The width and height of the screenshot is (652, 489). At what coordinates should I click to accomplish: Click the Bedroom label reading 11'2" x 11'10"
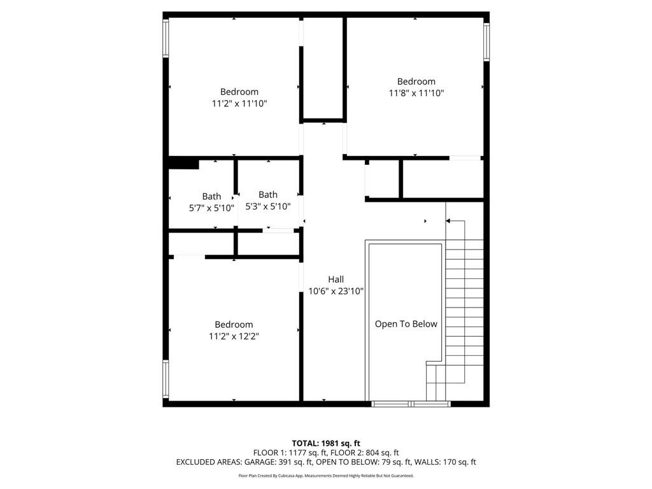(239, 97)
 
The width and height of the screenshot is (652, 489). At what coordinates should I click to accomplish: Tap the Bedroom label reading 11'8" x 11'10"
(416, 87)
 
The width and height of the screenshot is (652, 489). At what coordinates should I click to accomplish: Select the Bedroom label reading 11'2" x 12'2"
(234, 330)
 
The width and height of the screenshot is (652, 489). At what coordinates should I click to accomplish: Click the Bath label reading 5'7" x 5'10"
(211, 202)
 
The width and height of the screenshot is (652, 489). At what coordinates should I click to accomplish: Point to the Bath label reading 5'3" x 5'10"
(268, 201)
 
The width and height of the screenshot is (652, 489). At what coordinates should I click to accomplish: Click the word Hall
(336, 279)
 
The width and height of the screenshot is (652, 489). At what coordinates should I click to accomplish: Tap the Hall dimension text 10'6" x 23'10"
(336, 291)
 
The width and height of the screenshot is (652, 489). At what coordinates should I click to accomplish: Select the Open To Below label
(406, 323)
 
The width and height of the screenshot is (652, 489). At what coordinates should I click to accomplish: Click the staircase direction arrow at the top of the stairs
(448, 221)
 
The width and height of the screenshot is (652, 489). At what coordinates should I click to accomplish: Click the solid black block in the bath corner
(183, 164)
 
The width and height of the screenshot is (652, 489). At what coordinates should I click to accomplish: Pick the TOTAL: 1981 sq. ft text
(326, 443)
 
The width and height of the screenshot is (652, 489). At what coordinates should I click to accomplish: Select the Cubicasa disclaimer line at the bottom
(326, 476)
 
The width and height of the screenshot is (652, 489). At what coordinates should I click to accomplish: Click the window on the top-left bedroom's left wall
(166, 38)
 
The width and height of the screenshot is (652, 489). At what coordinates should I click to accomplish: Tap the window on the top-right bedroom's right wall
(486, 42)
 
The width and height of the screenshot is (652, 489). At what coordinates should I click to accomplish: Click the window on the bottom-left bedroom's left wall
(166, 379)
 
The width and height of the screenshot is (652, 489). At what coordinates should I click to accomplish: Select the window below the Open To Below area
(411, 404)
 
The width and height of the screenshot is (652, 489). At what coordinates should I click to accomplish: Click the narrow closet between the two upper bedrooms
(323, 69)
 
